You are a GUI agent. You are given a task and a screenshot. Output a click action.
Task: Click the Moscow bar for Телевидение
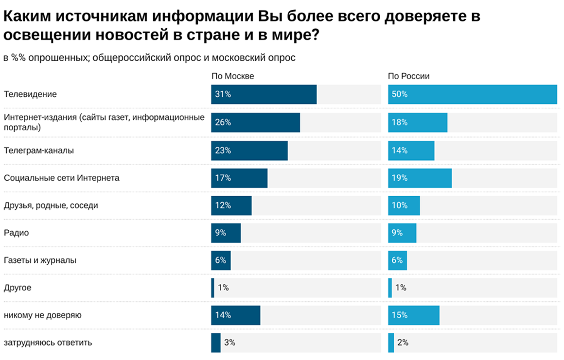point(264,94)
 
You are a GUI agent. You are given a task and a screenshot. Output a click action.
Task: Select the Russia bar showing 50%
point(472,94)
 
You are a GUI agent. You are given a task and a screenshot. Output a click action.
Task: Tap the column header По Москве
point(232,76)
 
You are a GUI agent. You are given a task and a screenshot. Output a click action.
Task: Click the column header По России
point(408,76)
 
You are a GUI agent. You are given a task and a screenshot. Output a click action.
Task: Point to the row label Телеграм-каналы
point(39,151)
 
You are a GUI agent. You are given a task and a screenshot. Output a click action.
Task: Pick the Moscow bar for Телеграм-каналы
point(249,151)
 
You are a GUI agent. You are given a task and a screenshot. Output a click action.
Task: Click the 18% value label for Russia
point(399,122)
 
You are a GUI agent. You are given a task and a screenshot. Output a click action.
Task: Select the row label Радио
point(17,233)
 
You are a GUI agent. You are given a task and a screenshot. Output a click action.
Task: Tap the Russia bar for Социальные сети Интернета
point(420,178)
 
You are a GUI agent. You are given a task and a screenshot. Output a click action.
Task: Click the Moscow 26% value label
point(223,122)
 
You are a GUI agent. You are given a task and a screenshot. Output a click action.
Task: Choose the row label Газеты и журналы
point(40,260)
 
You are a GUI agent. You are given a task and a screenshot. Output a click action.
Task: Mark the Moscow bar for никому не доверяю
point(235,315)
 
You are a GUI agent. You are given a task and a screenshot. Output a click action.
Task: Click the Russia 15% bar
point(413,315)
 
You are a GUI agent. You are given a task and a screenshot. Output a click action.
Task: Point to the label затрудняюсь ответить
point(48,343)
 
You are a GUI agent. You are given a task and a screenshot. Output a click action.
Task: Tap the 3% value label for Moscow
point(229,343)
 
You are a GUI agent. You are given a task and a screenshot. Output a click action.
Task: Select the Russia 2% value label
point(403,343)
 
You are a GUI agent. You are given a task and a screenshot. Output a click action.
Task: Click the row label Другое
point(18,288)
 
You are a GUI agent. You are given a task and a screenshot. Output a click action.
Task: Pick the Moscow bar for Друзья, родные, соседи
point(231,206)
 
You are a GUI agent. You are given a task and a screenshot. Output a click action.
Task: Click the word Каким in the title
point(27,16)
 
